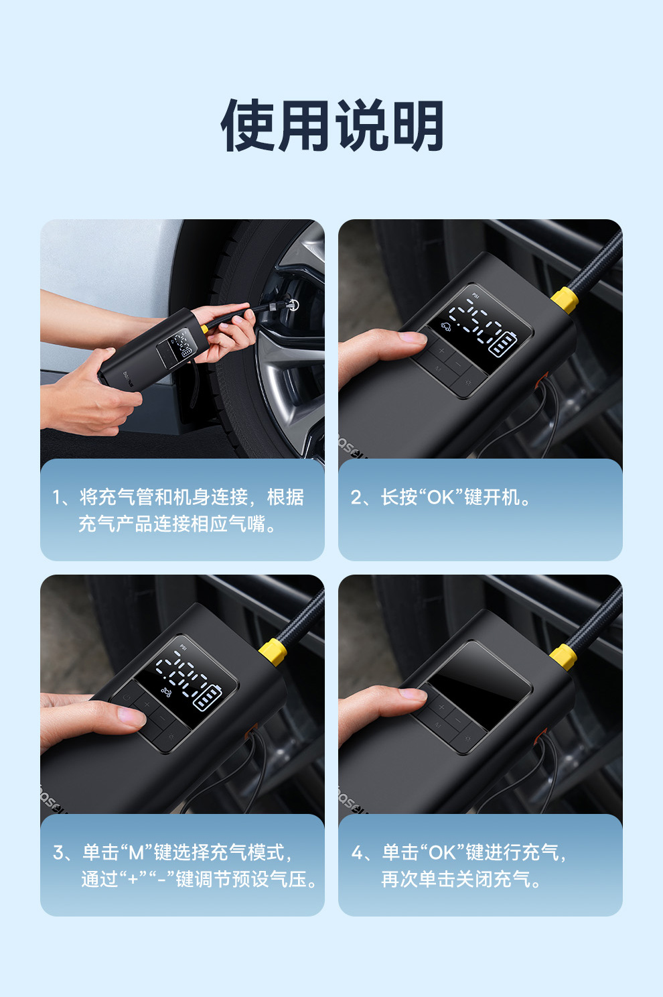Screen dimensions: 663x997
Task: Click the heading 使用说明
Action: click(331, 125)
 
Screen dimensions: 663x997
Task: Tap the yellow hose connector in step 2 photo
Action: click(565, 300)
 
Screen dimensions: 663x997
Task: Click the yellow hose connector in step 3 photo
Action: click(273, 652)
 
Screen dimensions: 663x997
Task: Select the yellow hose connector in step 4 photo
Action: click(563, 657)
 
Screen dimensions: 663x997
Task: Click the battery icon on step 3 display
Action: click(208, 697)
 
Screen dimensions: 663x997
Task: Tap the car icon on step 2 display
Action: click(445, 327)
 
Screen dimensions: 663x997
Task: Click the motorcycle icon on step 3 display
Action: click(166, 692)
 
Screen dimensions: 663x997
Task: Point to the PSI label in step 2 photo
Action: click(475, 295)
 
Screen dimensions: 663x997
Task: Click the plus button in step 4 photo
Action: click(441, 707)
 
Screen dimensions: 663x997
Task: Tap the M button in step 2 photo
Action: click(438, 369)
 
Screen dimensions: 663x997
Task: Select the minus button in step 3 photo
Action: click(163, 718)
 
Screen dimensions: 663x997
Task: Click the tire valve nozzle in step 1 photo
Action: click(291, 305)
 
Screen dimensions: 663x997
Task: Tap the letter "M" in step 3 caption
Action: click(136, 853)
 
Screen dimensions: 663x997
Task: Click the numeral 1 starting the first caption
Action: click(56, 497)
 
